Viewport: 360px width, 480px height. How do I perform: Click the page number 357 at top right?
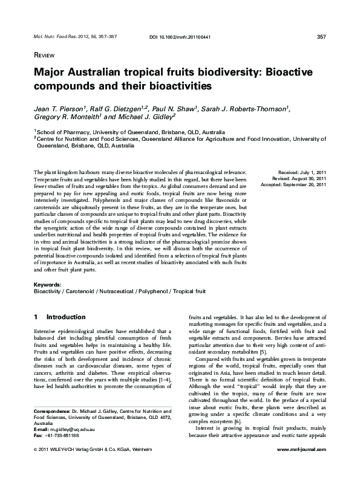321,37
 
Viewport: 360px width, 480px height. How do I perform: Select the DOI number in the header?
179,37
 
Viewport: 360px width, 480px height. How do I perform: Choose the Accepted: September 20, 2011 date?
296,186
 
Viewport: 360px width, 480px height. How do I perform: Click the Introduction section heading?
66,317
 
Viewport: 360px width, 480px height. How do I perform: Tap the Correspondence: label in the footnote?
54,429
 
